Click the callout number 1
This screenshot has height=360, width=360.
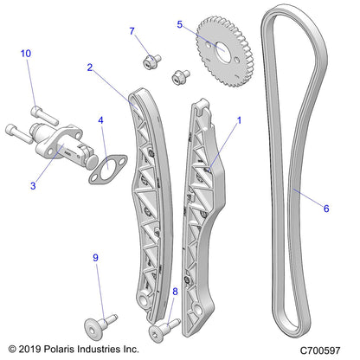(x=240, y=121)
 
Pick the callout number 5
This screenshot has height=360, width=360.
(x=180, y=25)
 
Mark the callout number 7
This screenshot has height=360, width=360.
(x=132, y=32)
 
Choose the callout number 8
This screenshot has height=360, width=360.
(x=175, y=292)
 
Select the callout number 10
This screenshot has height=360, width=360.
(x=26, y=54)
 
